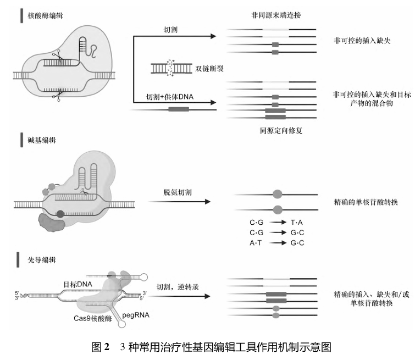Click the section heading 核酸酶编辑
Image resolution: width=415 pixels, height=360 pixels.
click(45, 15)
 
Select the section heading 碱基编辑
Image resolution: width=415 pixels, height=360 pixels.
click(42, 140)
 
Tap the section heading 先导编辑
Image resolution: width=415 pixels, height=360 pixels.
click(42, 260)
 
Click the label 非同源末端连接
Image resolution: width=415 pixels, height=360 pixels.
click(276, 15)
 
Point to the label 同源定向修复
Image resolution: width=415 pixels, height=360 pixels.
click(281, 130)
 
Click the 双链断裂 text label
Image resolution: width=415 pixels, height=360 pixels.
click(209, 69)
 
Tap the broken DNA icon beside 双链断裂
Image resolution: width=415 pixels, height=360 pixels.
click(171, 69)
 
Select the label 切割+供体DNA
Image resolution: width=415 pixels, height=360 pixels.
click(170, 97)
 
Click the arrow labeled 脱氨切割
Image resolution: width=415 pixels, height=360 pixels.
click(179, 202)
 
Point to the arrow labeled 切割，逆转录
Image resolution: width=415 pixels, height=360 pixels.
click(179, 296)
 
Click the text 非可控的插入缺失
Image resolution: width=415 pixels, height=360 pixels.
click(362, 41)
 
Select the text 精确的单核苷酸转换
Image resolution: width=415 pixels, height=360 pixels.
click(366, 202)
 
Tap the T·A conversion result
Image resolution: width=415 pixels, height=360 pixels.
click(296, 223)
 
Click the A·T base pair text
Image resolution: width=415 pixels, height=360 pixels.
click(256, 243)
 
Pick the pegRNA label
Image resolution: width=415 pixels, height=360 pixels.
click(136, 315)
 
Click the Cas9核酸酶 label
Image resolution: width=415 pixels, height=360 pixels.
click(93, 318)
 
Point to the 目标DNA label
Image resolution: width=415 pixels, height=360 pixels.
click(78, 284)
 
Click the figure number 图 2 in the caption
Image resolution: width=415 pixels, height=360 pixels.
click(100, 347)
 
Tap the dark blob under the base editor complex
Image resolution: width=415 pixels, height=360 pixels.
click(52, 223)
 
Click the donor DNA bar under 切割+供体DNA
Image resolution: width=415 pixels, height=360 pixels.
click(179, 109)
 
